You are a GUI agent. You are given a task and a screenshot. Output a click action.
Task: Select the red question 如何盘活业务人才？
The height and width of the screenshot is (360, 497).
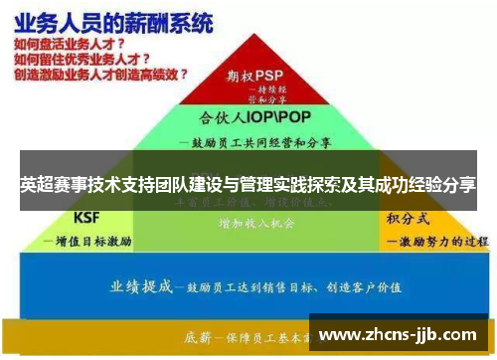coord(69,45)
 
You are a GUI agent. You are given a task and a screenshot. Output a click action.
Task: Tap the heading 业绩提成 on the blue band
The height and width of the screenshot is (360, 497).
coord(140,285)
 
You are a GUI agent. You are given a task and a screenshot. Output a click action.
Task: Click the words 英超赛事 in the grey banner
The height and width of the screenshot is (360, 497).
coord(49,185)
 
